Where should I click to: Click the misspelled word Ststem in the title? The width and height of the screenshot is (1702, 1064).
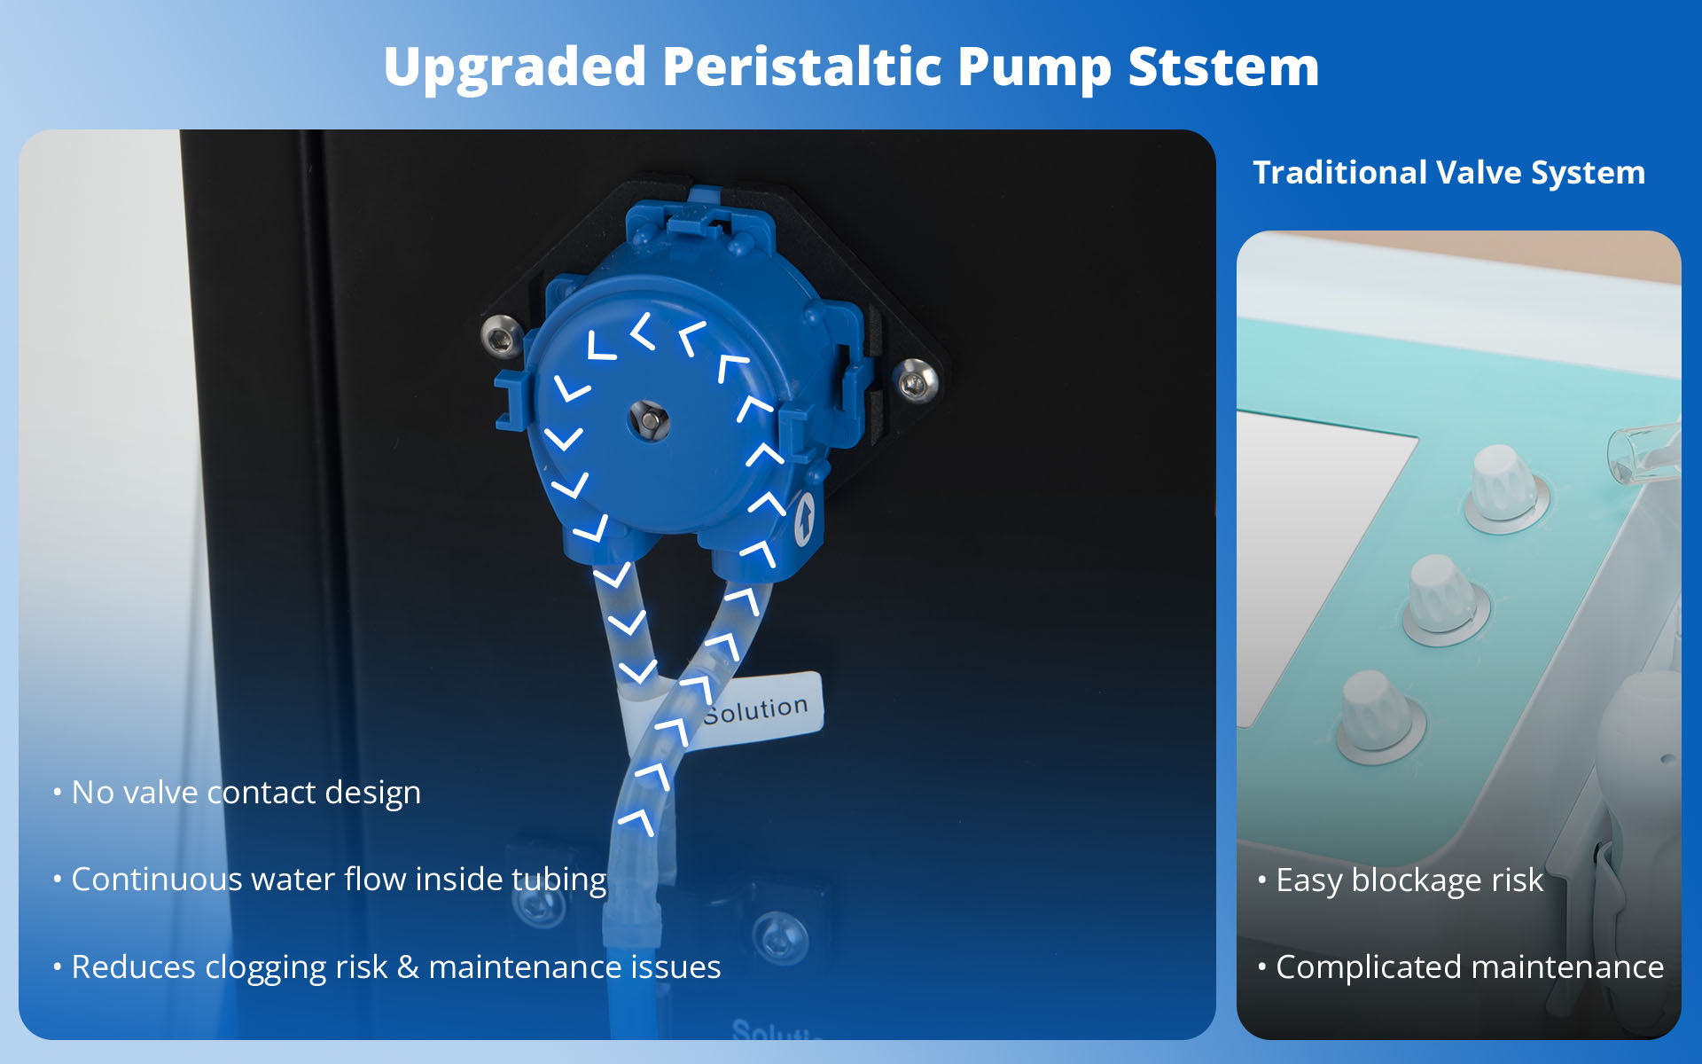coord(1223,66)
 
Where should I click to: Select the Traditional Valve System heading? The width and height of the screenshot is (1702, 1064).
coord(1448,173)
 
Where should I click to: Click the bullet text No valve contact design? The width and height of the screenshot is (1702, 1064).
coord(246,793)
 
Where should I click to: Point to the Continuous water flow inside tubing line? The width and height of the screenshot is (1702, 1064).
coord(339,880)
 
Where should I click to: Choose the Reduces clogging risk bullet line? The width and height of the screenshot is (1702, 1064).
coord(395,967)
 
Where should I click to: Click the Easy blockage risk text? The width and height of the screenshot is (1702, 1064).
coord(1409,880)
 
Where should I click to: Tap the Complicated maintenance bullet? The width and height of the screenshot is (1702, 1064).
coord(1470,967)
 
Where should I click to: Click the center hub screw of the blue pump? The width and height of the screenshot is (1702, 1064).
coord(649,419)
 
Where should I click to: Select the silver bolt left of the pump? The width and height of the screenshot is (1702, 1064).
coord(501,336)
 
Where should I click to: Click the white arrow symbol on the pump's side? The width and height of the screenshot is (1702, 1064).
coord(804,519)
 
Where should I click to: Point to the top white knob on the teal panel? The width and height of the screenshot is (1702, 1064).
coord(1504,486)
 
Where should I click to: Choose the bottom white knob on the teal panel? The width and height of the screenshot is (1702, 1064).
coord(1380,715)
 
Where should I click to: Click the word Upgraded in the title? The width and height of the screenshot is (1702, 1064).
coord(515,68)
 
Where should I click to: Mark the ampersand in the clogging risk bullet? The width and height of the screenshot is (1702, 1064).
coord(408,966)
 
